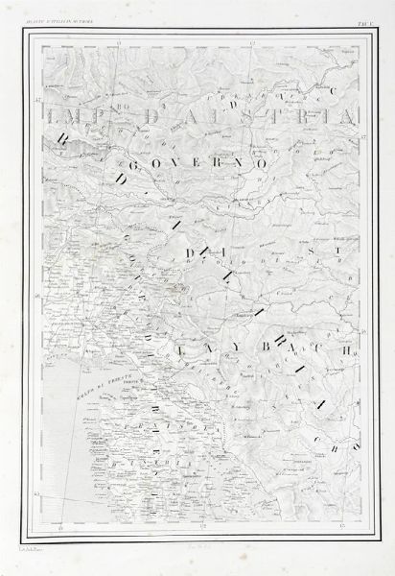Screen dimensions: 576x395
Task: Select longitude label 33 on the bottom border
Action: pyautogui.click(x=342, y=527)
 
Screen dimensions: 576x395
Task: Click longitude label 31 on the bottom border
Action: pyautogui.click(x=61, y=527)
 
